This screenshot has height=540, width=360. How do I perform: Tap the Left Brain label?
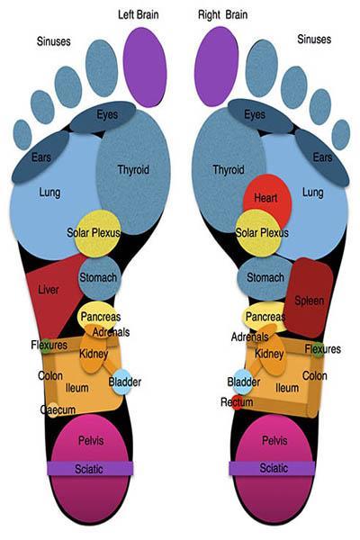138,14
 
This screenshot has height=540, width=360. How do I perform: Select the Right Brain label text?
222,14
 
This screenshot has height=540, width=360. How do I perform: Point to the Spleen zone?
309,298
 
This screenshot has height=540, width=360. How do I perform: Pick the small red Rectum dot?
237,402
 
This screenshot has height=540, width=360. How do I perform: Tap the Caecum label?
58,409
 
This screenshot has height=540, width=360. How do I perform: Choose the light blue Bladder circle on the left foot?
121,382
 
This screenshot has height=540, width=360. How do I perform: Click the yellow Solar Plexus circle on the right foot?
258,233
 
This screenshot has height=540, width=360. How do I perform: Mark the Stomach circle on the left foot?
100,278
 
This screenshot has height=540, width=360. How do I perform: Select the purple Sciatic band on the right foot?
272,468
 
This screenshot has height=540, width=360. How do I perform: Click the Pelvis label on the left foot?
91,440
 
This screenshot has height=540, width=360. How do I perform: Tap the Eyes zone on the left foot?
103,117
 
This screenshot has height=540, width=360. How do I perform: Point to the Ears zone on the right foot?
322,157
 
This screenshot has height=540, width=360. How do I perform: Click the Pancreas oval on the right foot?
265,317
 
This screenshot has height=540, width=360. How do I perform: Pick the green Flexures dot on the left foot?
45,346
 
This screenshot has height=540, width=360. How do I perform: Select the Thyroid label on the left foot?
133,170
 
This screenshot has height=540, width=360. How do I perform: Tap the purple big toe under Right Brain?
217,66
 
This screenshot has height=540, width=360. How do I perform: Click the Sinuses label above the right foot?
314,40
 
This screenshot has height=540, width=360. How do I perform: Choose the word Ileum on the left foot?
77,388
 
